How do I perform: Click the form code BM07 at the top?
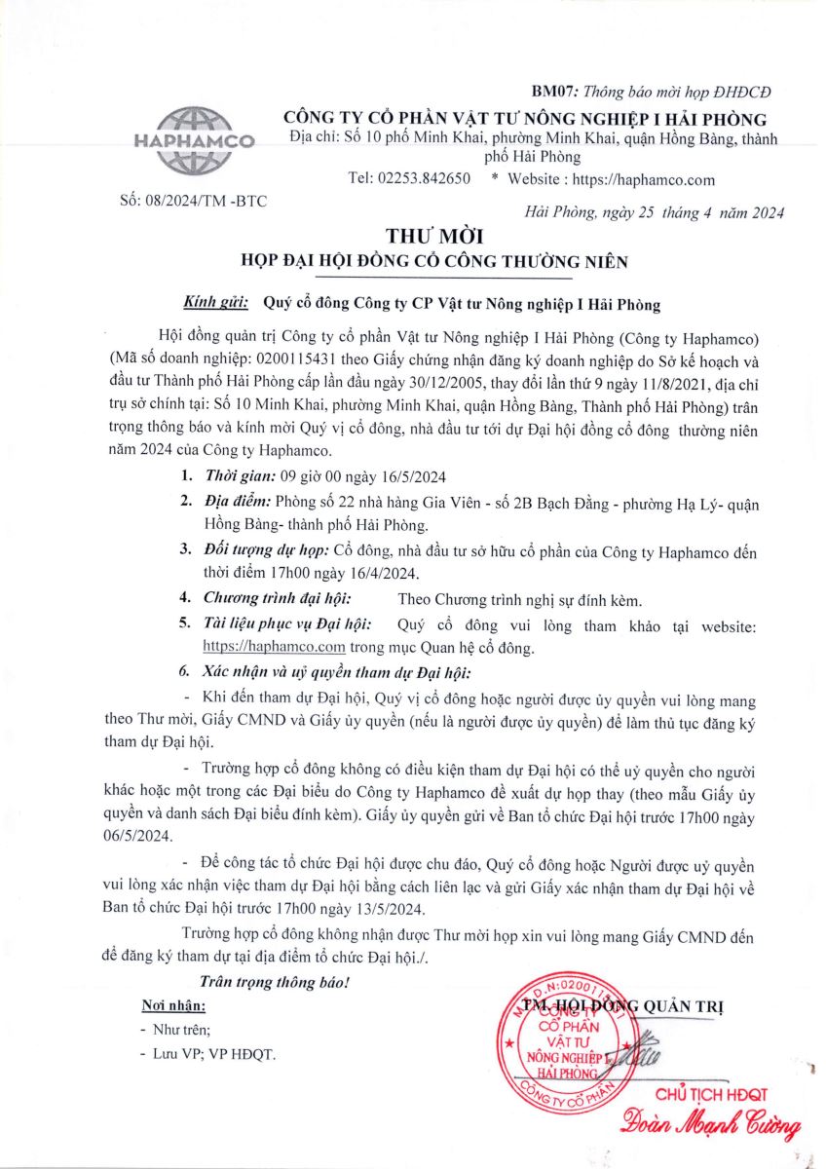click(552, 92)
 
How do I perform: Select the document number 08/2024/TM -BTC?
click(192, 202)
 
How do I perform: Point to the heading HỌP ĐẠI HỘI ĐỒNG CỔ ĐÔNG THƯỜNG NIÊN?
click(434, 261)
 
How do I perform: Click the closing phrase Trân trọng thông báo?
click(274, 981)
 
